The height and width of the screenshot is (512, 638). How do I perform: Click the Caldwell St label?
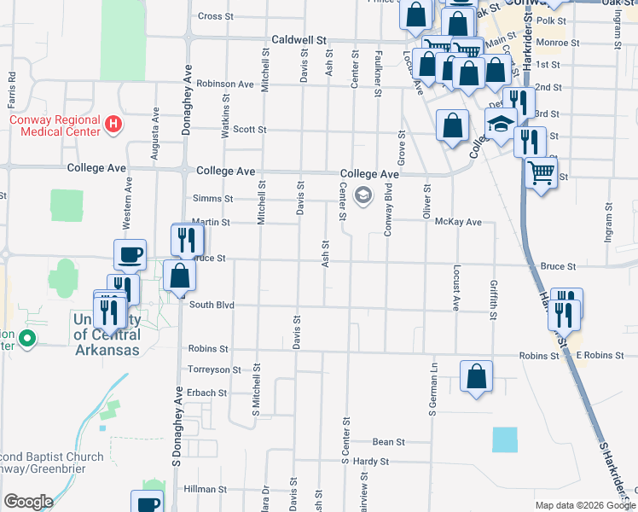[299, 39]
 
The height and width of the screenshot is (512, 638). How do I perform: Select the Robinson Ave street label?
[225, 84]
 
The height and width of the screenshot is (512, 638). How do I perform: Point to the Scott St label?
[250, 130]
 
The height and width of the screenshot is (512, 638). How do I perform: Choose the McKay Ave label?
[458, 222]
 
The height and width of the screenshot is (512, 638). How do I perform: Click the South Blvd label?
[212, 305]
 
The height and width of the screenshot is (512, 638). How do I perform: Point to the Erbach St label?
[208, 393]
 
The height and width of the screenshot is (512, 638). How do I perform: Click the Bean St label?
[388, 442]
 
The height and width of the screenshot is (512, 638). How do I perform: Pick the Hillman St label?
[204, 489]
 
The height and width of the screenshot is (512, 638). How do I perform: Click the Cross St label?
[216, 16]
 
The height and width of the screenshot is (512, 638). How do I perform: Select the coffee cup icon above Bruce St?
[130, 254]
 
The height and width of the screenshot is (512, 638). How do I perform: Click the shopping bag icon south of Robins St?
[476, 375]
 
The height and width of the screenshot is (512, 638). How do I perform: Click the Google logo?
[28, 502]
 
